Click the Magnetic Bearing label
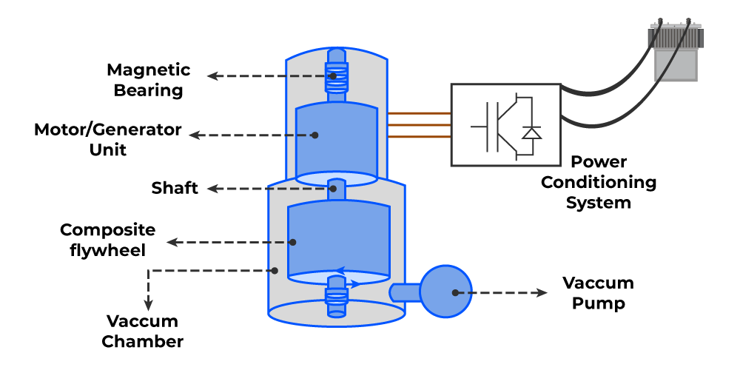(x=148, y=80)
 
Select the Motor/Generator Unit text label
(x=107, y=139)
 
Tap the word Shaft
(x=175, y=188)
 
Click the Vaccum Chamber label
(x=142, y=331)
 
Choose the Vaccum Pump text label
(x=598, y=293)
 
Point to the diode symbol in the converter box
(x=531, y=133)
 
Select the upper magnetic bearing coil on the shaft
(x=337, y=75)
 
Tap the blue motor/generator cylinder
(x=337, y=141)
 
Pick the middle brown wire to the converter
(x=420, y=125)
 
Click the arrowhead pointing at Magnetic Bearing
(x=211, y=75)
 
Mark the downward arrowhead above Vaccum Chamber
(x=149, y=305)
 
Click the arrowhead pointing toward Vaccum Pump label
(x=542, y=292)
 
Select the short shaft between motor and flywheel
(x=337, y=188)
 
